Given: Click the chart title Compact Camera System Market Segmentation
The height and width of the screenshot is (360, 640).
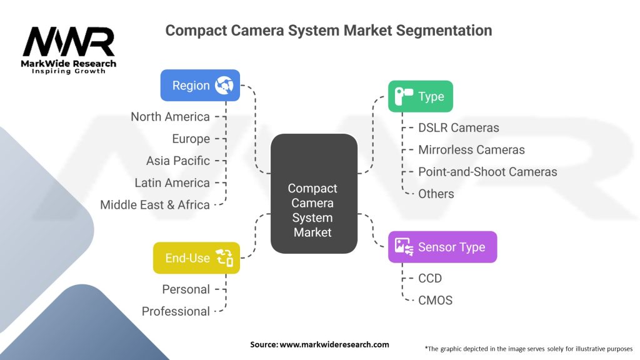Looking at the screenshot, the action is pyautogui.click(x=329, y=30).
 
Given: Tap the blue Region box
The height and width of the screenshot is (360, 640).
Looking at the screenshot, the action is pyautogui.click(x=200, y=85).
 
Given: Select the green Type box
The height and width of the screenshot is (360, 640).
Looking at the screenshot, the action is pyautogui.click(x=420, y=96).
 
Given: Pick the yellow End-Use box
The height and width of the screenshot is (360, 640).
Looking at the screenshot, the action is pyautogui.click(x=196, y=257).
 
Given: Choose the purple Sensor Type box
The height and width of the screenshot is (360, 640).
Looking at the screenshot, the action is pyautogui.click(x=442, y=247).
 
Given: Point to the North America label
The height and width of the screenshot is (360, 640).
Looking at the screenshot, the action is pyautogui.click(x=170, y=117).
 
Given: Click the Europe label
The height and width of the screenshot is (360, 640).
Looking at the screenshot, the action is pyautogui.click(x=191, y=139).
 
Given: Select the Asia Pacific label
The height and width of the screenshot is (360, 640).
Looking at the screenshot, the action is pyautogui.click(x=178, y=161).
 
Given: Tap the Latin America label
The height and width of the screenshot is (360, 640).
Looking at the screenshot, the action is pyautogui.click(x=172, y=182).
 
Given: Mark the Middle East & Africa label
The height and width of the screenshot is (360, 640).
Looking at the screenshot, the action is pyautogui.click(x=155, y=204).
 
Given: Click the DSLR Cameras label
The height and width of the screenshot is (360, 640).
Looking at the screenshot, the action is pyautogui.click(x=459, y=127).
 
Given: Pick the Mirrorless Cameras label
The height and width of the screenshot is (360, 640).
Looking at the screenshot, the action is pyautogui.click(x=471, y=149).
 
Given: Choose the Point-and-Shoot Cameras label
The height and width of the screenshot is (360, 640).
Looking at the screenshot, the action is pyautogui.click(x=487, y=171).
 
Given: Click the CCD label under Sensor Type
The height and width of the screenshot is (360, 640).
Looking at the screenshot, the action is pyautogui.click(x=430, y=278).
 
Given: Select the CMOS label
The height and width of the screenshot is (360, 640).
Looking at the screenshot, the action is pyautogui.click(x=436, y=300).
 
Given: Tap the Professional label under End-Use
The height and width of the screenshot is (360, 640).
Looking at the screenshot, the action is pyautogui.click(x=176, y=311).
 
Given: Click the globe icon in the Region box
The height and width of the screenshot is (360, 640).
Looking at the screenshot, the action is pyautogui.click(x=224, y=86).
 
